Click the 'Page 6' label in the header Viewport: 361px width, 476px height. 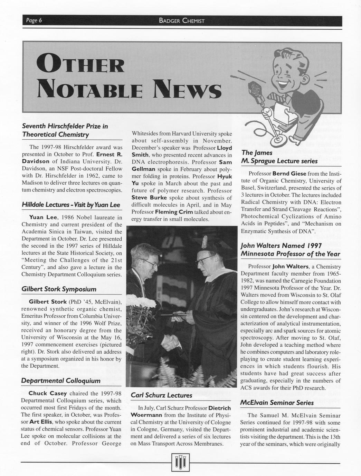[34, 21]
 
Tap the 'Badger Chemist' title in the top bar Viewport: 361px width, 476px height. [182, 21]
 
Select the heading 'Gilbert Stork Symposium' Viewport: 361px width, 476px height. [59, 289]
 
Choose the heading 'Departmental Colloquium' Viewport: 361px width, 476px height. [61, 381]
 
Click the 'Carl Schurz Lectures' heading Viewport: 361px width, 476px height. [161, 395]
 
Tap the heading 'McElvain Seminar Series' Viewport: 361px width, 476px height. [277, 403]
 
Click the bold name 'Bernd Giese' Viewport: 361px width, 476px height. [289, 173]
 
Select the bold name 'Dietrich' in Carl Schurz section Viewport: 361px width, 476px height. [220, 408]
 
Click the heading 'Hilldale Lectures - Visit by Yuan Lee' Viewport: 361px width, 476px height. [71, 205]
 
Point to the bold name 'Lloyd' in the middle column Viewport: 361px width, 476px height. [221, 148]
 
